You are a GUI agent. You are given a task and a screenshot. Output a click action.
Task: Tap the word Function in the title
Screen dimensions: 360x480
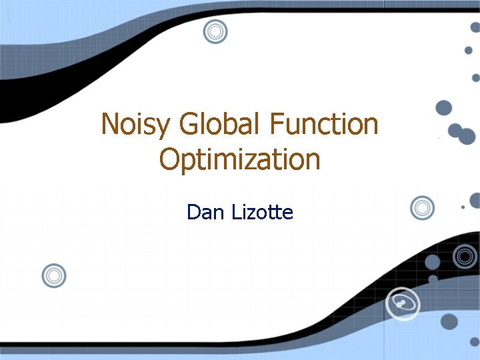[x=325, y=125]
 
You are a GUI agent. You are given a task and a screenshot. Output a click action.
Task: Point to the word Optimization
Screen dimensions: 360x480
[x=240, y=160]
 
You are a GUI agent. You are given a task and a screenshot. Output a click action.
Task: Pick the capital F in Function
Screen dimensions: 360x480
[x=279, y=125]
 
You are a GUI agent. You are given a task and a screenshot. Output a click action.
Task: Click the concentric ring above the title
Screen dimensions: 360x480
[x=215, y=31]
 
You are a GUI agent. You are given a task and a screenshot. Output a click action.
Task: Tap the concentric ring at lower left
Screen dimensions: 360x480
[x=54, y=275]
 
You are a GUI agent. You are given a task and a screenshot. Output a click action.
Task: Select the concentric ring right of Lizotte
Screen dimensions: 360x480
[x=422, y=208]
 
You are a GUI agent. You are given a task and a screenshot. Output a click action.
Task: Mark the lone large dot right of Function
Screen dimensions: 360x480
[x=443, y=107]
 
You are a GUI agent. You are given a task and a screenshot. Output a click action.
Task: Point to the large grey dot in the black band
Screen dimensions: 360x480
[x=433, y=262]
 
